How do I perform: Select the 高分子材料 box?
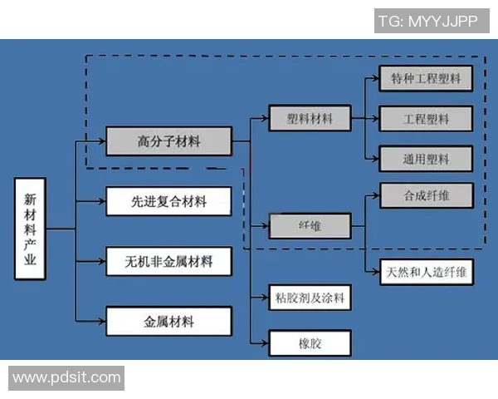(168, 141)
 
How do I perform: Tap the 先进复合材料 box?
(168, 201)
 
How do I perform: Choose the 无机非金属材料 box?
(168, 261)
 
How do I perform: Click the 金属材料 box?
(168, 321)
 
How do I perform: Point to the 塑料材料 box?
(310, 119)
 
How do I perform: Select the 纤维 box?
(310, 225)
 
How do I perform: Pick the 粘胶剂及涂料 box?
(310, 297)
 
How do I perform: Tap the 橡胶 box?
(310, 342)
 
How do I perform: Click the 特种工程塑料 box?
(426, 79)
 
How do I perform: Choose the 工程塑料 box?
(426, 119)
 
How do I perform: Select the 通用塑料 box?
(426, 158)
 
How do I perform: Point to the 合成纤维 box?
(426, 196)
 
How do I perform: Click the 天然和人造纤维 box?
(426, 272)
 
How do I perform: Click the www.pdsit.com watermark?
(66, 378)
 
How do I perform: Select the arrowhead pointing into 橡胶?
(265, 342)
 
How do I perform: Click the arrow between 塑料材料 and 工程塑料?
(365, 119)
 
